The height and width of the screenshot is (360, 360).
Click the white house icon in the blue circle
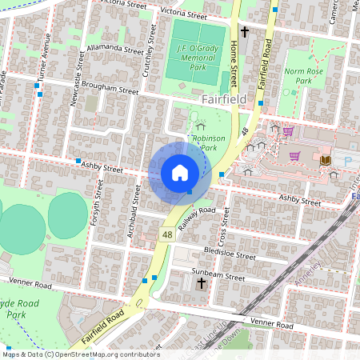(x=180, y=173)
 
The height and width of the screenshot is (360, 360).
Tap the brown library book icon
(x=325, y=161)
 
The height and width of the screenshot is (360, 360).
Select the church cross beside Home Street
(x=245, y=32)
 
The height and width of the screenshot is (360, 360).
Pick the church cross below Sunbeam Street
(x=201, y=284)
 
